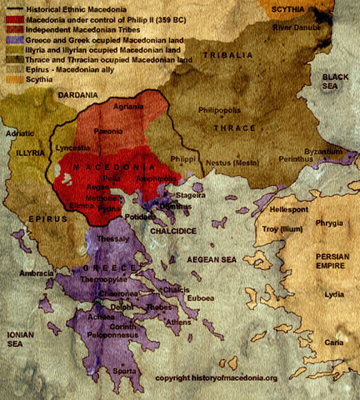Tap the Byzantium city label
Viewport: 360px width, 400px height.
[x=322, y=152]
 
